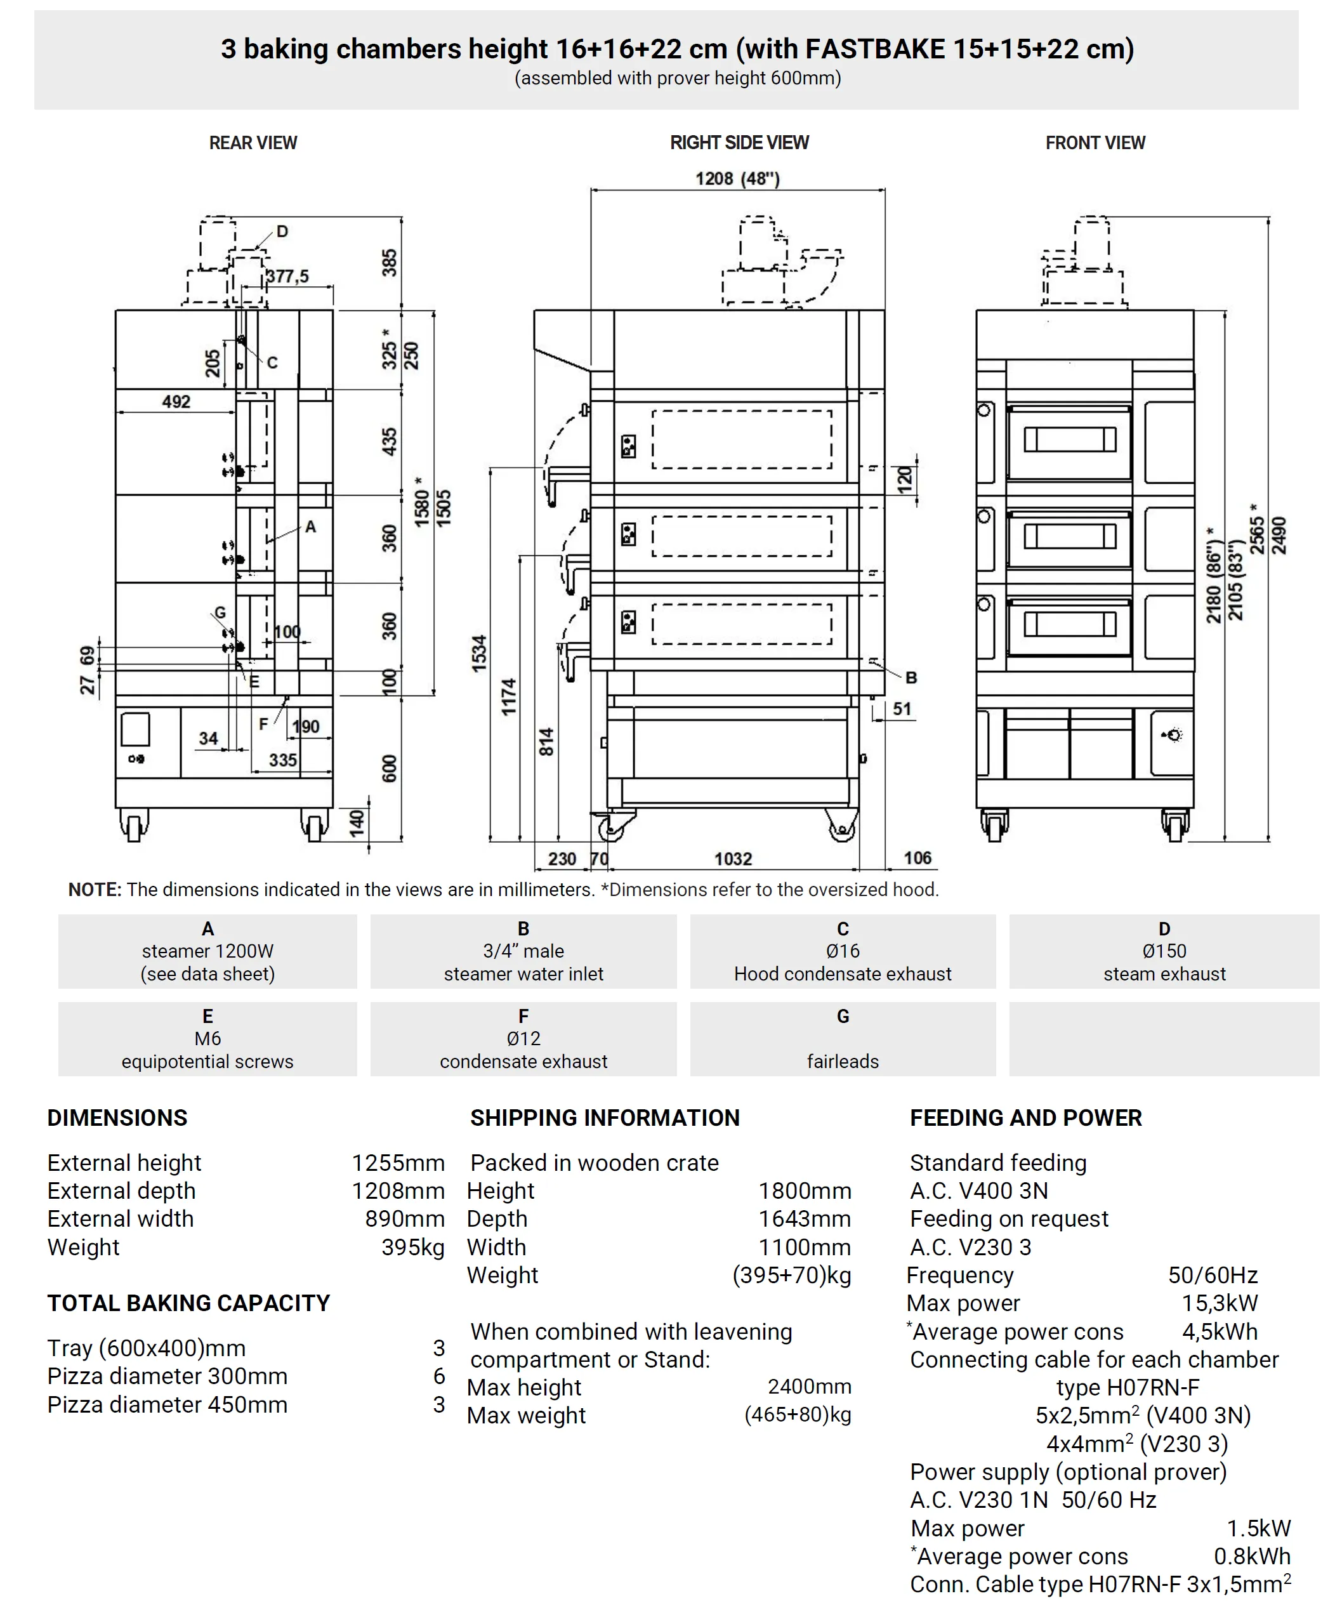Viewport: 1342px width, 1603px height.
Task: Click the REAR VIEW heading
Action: tap(253, 143)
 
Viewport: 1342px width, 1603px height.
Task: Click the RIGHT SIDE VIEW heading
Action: tap(739, 143)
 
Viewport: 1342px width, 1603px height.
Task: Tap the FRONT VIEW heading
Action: tap(1095, 143)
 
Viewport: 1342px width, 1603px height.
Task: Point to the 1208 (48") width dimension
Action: tap(737, 178)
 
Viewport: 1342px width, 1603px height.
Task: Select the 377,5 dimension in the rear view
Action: tap(288, 276)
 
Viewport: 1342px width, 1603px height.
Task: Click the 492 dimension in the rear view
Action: tap(176, 402)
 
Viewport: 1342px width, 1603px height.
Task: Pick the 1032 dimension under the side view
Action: tap(733, 859)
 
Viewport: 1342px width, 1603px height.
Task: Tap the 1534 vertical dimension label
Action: tap(478, 654)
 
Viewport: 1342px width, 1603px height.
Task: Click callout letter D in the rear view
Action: tap(282, 231)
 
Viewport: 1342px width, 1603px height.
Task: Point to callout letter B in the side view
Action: tap(911, 677)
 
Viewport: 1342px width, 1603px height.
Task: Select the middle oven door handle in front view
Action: tap(1070, 537)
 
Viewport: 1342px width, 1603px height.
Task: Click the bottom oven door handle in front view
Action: tap(1070, 624)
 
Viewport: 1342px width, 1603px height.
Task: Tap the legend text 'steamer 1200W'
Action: tap(207, 951)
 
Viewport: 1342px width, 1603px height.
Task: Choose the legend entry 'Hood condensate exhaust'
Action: tap(842, 974)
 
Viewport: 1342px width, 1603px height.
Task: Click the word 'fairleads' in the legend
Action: tap(842, 1061)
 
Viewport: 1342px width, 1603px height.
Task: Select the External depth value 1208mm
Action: tap(398, 1191)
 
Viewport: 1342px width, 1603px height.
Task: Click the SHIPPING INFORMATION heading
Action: tap(605, 1118)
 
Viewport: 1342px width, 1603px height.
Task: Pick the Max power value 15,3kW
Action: tap(1219, 1303)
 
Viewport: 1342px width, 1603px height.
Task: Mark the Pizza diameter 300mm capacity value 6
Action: tap(439, 1376)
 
